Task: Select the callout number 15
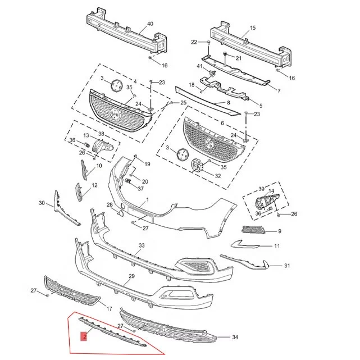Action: tap(252, 27)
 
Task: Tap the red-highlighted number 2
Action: tap(84, 337)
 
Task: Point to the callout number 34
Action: tap(235, 337)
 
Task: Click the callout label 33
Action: tap(142, 246)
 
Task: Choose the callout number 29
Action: tap(131, 276)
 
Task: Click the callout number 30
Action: tap(42, 203)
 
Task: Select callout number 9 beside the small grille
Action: tap(279, 231)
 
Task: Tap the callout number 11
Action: tap(276, 246)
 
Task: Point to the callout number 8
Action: tap(228, 103)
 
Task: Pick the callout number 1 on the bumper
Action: tap(147, 200)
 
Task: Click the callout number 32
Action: tap(218, 176)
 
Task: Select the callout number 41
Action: tap(199, 66)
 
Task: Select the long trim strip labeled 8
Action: tap(208, 99)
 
